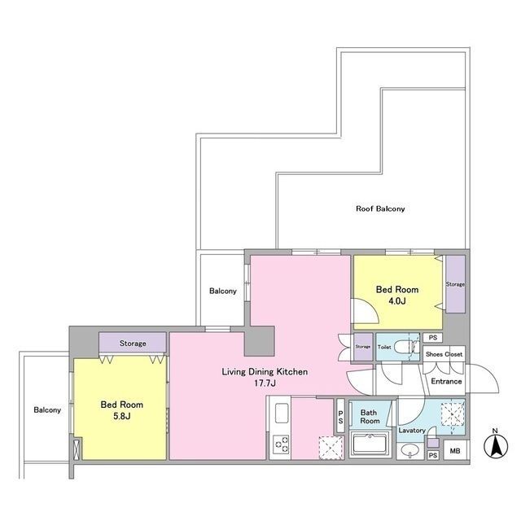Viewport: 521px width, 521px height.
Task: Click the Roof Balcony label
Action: point(380,208)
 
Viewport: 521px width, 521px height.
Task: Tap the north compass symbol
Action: point(496,445)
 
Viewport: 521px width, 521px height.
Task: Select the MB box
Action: point(454,451)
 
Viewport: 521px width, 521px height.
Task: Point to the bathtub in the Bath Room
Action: point(370,444)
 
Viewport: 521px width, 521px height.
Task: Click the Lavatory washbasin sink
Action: point(410,450)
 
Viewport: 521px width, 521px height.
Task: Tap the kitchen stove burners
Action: point(281,444)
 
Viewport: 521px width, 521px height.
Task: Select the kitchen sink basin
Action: point(281,414)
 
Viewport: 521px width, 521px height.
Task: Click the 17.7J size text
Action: point(265,383)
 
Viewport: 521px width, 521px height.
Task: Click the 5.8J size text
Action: point(121,416)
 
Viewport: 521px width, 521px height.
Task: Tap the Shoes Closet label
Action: point(444,354)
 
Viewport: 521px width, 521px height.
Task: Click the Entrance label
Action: point(446,381)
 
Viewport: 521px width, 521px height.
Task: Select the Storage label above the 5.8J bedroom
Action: point(133,344)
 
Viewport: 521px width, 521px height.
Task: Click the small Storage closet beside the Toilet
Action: point(363,347)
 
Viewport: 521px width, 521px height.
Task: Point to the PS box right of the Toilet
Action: point(432,338)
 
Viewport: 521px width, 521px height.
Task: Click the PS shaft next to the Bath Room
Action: point(340,416)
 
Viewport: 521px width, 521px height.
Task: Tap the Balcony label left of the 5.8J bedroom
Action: point(47,410)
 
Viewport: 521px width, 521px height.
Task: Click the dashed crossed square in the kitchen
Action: point(331,447)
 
